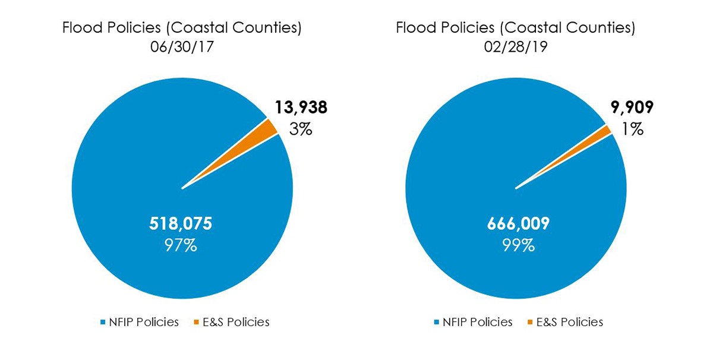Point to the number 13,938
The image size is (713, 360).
coord(301,108)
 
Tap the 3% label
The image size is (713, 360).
coord(301,129)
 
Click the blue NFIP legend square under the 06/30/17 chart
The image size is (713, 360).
coord(103,323)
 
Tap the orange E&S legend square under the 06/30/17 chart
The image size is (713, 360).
coord(197,323)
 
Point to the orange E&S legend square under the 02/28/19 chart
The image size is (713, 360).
coord(531,323)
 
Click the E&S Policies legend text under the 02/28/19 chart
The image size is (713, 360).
coord(569,322)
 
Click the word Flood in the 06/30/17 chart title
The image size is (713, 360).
coord(80,28)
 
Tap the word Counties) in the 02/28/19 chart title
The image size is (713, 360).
coord(605,28)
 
